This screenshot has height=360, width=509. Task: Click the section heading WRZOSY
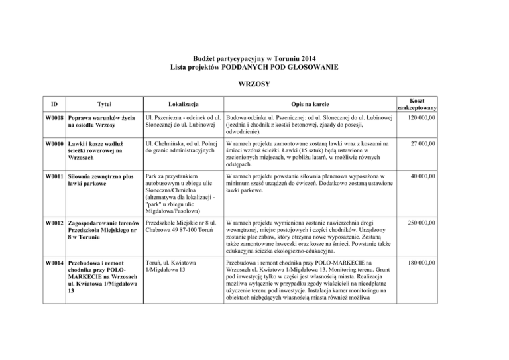coord(254,85)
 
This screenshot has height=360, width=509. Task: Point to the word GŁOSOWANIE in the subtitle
coord(307,67)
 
